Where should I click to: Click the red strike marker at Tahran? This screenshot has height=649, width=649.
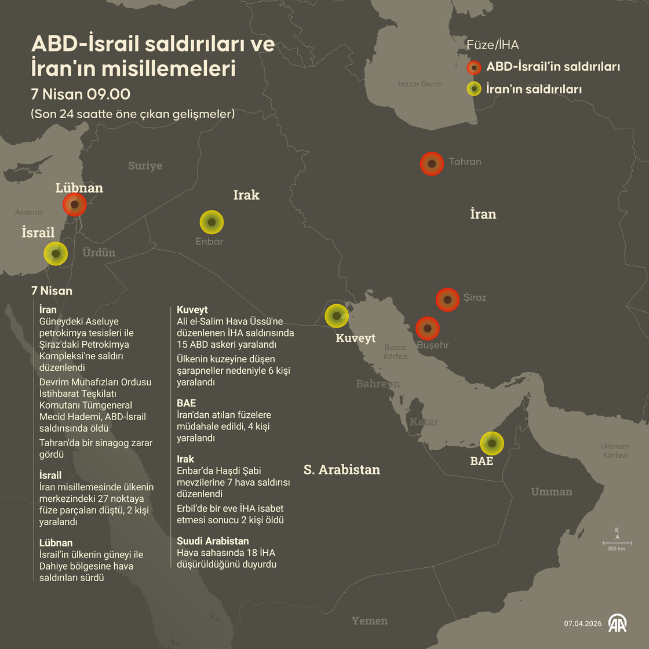pos(432,163)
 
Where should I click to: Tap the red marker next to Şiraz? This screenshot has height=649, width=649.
pos(447,300)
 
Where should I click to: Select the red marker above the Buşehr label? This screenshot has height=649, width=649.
pos(428,328)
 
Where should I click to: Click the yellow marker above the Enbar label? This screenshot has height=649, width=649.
pos(212,222)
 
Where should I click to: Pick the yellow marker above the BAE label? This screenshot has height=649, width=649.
pos(492,443)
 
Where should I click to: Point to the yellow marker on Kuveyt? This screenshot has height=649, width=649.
pos(337,316)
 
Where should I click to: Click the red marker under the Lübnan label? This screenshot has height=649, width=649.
pos(75,205)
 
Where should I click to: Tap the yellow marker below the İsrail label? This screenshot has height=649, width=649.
pos(56,253)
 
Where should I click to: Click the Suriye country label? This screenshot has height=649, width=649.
pos(145,166)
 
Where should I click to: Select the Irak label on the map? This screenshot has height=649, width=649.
pos(246,195)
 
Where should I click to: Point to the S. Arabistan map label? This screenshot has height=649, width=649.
pos(342,469)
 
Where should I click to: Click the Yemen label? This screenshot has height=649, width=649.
pos(369,621)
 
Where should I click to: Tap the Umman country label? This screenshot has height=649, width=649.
pos(551,491)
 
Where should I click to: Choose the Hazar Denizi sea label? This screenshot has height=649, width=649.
pos(420,84)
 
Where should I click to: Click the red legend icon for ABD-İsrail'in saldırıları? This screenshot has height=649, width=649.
pos(474,67)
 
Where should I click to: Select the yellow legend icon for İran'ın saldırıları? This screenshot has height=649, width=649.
pos(474,89)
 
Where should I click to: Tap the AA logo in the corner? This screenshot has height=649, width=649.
pos(617,623)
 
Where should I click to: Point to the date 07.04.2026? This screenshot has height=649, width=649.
pos(583,624)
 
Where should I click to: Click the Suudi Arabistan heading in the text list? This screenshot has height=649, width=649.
pos(213,541)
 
